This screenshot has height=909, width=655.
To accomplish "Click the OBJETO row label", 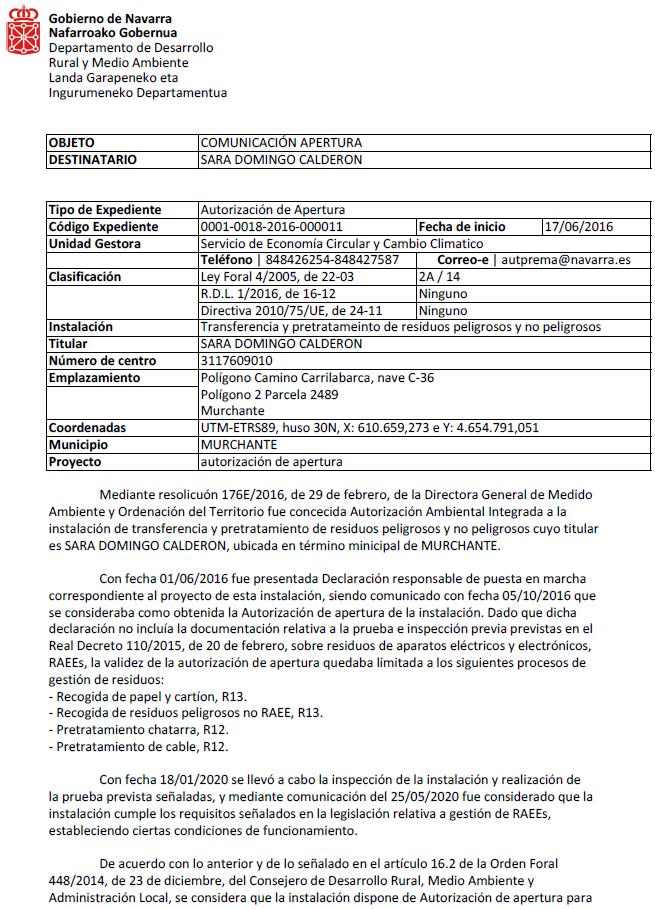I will point(72,143).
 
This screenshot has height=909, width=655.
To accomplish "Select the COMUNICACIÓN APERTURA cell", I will point(281,143).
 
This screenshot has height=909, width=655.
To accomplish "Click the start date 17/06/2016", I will point(579,227).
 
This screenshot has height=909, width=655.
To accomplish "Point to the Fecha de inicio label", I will point(462,227).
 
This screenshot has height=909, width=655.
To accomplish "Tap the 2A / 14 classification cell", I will point(440,277).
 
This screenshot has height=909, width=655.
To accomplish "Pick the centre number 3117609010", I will point(237,360).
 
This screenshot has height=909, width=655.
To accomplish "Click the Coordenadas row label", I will point(88,427).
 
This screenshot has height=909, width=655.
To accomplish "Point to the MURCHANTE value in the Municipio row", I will point(239,444).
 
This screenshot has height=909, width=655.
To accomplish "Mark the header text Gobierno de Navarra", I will point(110,18).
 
